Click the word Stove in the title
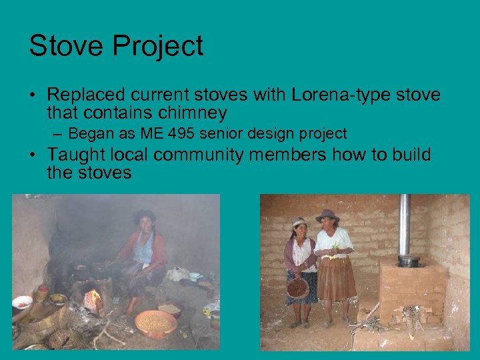(x=65, y=47)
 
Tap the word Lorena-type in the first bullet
(x=337, y=95)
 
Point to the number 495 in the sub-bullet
(x=183, y=133)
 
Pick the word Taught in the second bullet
(x=78, y=155)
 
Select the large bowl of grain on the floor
(x=155, y=323)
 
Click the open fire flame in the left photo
(x=94, y=299)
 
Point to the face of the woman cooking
(x=145, y=222)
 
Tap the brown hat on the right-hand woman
(x=327, y=215)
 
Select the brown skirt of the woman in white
(x=335, y=279)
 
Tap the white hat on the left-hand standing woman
(x=299, y=222)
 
